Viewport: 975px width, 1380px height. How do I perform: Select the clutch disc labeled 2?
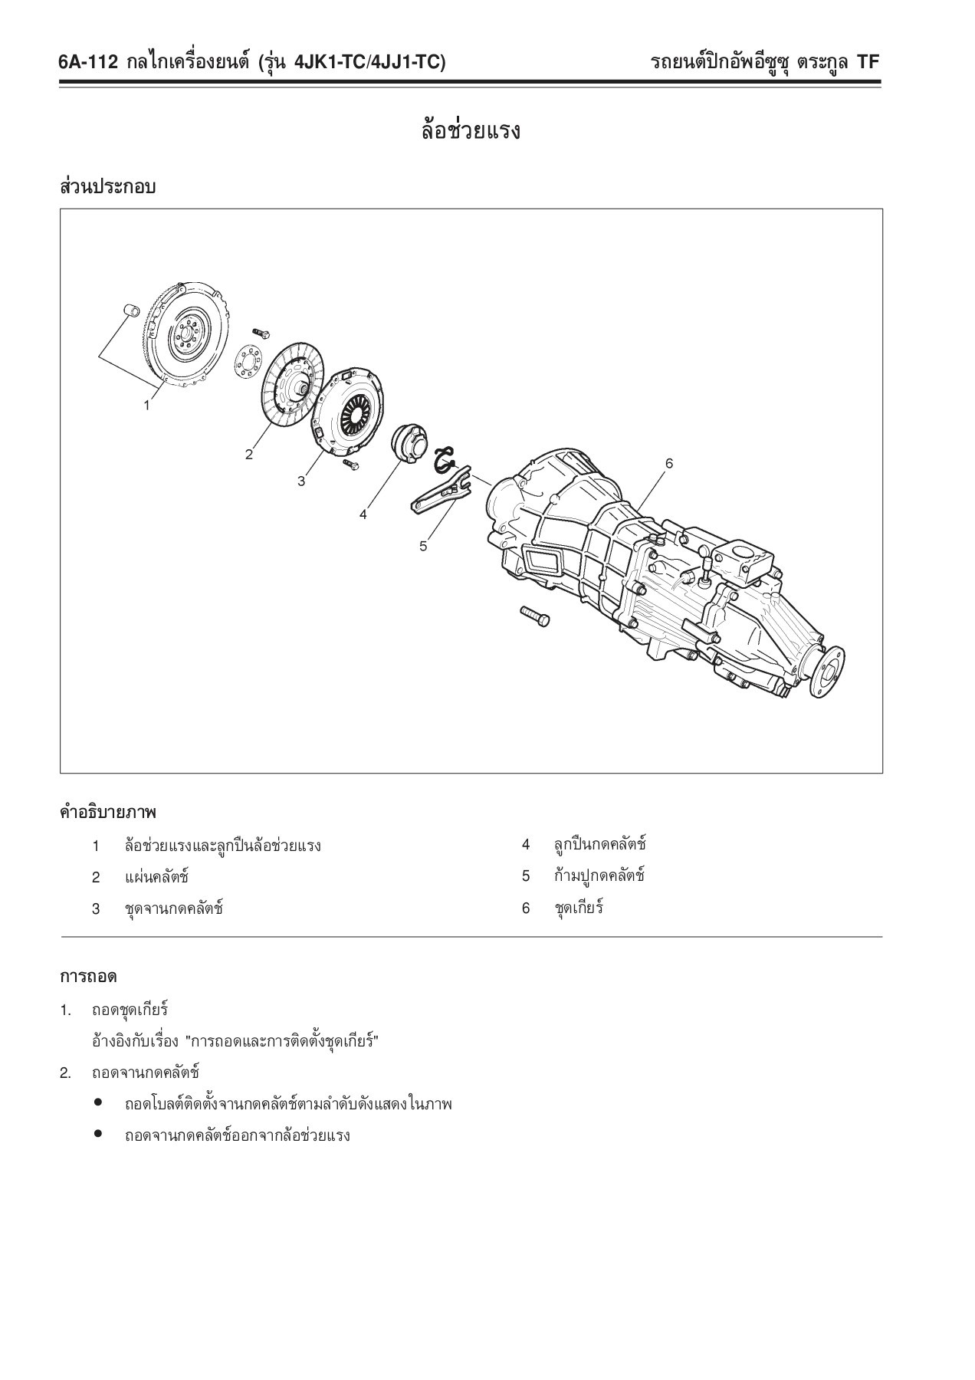pyautogui.click(x=292, y=384)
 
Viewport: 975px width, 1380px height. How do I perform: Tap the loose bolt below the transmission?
pyautogui.click(x=534, y=616)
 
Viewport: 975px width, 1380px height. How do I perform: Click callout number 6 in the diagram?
pyautogui.click(x=669, y=463)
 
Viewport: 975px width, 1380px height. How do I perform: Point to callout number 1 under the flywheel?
pyautogui.click(x=147, y=406)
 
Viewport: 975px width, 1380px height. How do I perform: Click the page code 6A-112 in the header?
pyautogui.click(x=87, y=63)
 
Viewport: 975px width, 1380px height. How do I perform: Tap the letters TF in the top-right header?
pyautogui.click(x=868, y=63)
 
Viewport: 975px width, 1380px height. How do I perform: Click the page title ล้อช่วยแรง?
pyautogui.click(x=471, y=131)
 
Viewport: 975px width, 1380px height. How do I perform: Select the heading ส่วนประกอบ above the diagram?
pyautogui.click(x=107, y=187)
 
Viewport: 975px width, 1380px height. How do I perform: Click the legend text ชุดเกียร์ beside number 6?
pyautogui.click(x=579, y=909)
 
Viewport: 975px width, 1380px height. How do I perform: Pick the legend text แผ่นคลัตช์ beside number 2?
pyautogui.click(x=156, y=877)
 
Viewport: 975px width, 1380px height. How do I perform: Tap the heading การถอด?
pyautogui.click(x=88, y=977)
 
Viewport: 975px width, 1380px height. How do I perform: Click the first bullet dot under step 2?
pyautogui.click(x=98, y=1104)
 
